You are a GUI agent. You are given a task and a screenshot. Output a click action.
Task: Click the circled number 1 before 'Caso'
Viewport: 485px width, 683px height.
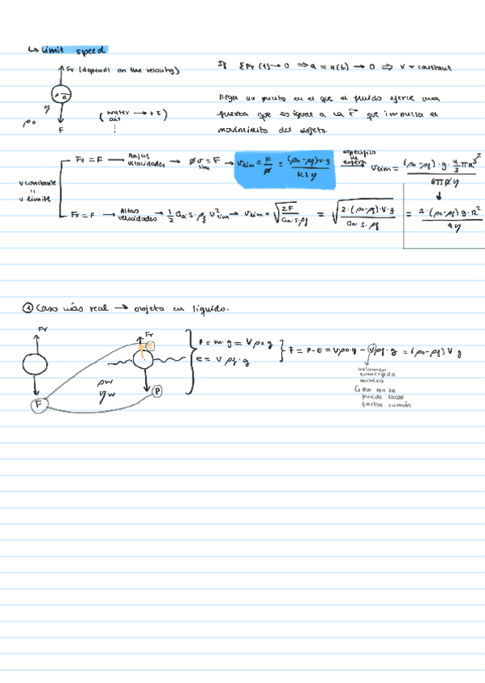tap(29, 307)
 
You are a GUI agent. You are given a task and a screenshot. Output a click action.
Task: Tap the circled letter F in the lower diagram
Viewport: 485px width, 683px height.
tap(37, 405)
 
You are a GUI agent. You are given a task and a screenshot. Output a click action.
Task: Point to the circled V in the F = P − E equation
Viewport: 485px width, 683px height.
tap(373, 350)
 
